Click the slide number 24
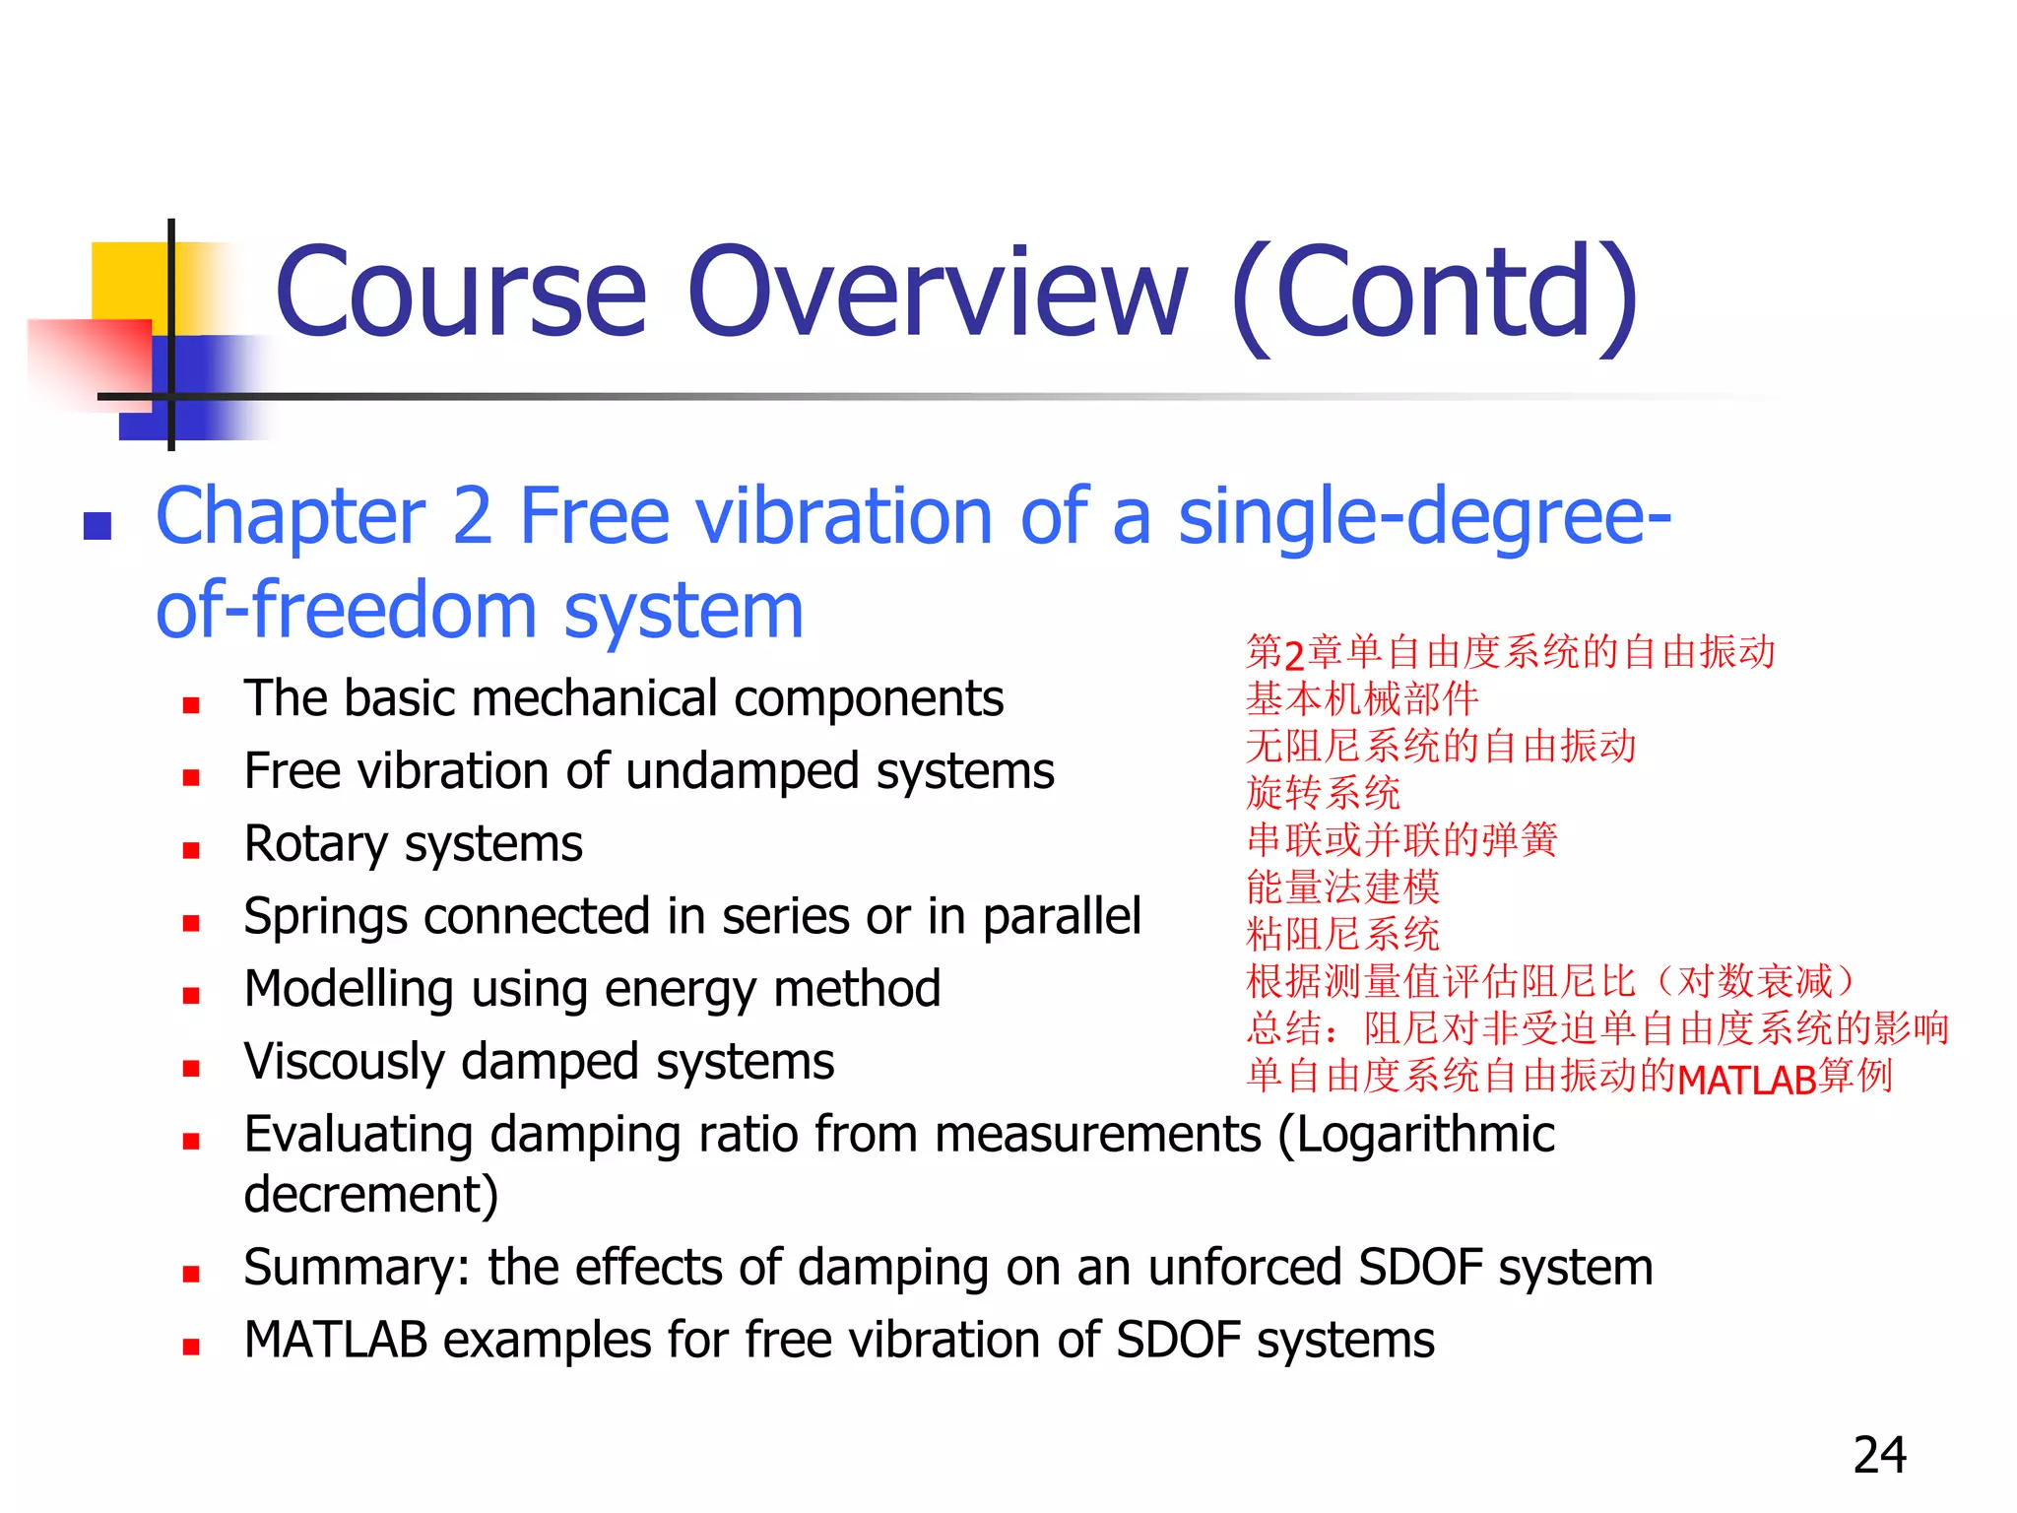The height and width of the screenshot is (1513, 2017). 1878,1455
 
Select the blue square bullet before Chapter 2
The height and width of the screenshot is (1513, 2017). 98,526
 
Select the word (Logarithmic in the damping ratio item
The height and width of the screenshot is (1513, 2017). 1415,1135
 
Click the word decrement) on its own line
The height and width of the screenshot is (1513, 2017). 370,1195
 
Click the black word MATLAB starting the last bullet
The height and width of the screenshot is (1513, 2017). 335,1341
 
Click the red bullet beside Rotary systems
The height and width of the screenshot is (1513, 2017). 191,850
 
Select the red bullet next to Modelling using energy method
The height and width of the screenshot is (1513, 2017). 191,995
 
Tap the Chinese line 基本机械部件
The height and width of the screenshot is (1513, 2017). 1362,698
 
